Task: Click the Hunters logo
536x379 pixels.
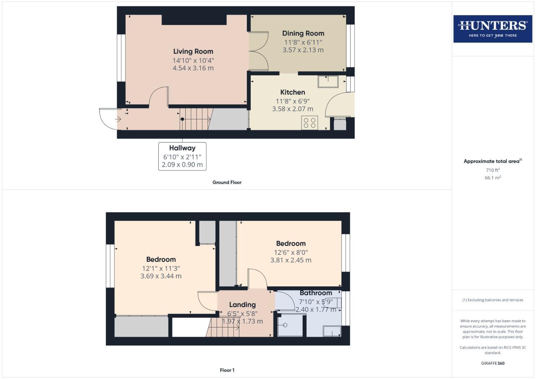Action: pos(492,29)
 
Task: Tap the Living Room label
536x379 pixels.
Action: pos(193,52)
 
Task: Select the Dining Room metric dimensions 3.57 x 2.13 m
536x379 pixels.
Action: pos(303,50)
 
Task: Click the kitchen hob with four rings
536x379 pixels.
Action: pos(309,123)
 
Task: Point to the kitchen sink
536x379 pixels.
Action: pos(328,81)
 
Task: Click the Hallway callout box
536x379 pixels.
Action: pos(182,156)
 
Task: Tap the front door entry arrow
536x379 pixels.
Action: pos(118,119)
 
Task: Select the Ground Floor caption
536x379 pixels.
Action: pos(227,182)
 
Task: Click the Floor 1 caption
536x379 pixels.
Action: pos(227,370)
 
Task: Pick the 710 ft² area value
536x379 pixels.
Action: pos(492,170)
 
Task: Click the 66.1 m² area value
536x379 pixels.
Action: pos(492,178)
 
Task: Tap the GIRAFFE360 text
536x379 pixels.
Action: pos(492,363)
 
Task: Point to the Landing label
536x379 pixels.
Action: pos(242,305)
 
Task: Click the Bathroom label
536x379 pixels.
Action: pos(316,293)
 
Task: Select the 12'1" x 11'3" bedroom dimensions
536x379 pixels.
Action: pos(161,268)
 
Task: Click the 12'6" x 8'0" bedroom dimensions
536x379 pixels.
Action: pos(291,252)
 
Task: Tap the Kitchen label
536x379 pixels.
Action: pos(292,92)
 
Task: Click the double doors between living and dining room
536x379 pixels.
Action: pos(258,51)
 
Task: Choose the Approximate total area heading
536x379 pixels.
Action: pos(492,161)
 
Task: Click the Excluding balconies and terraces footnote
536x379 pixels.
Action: pos(492,300)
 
